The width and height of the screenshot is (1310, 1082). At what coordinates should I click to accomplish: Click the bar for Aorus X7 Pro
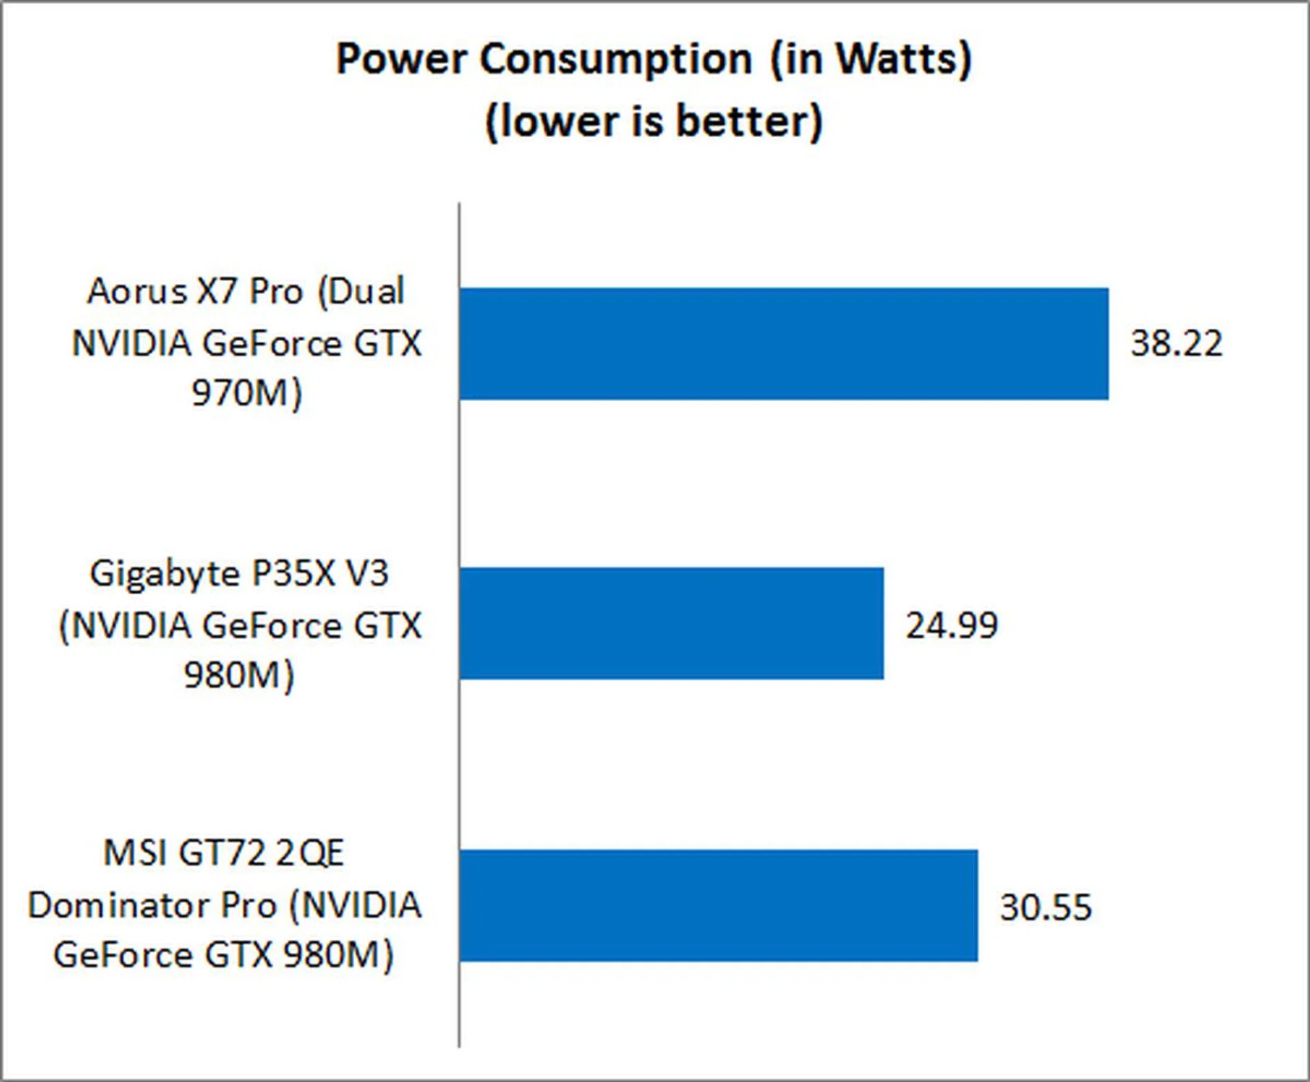783,343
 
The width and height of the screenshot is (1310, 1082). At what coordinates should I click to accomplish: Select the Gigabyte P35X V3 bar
671,624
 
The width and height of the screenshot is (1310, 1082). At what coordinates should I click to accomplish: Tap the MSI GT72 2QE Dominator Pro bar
718,905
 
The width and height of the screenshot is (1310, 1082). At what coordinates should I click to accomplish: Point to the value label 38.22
1176,343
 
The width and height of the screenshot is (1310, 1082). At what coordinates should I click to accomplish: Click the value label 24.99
951,625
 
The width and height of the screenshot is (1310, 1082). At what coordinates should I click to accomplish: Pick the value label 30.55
1045,907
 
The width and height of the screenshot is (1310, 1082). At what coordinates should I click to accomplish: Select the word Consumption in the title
615,59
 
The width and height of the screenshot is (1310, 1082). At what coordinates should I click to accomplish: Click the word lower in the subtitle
559,122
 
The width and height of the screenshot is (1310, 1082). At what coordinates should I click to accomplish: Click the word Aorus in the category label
136,292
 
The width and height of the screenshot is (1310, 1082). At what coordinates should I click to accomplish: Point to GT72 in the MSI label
221,853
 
